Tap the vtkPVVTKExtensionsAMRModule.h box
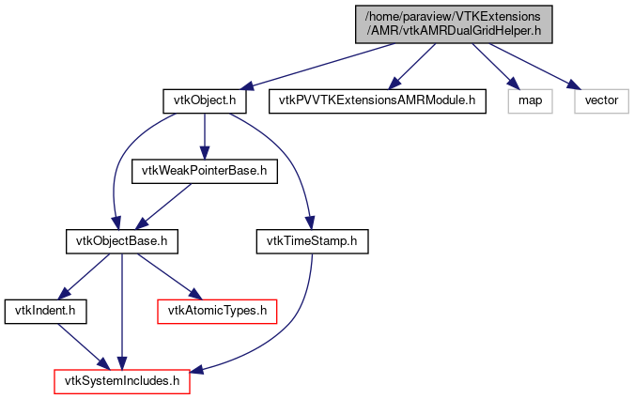pos(378,100)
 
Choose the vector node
pos(601,100)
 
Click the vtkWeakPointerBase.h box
pos(205,170)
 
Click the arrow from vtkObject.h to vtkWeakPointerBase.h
pos(204,135)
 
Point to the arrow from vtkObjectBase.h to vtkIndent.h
pos(85,275)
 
